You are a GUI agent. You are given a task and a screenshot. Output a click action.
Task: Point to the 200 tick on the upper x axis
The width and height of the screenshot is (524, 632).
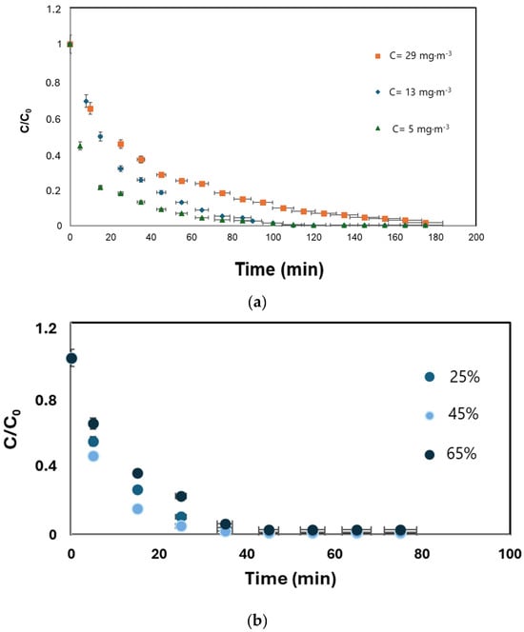pos(476,237)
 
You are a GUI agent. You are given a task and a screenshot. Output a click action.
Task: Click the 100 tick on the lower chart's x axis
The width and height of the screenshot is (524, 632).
pos(510,554)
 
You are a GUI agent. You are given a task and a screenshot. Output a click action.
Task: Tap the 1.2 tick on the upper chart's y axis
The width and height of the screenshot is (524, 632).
pos(54,9)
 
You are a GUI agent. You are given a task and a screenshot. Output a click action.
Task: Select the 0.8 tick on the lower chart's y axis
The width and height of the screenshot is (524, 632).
pos(46,401)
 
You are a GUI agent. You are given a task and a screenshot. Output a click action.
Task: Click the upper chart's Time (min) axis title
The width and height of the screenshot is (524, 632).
pos(279,269)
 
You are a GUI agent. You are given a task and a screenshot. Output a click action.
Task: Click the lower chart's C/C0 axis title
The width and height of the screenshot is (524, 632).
pos(12,428)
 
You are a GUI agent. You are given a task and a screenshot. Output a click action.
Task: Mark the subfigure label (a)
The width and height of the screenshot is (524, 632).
pos(258,303)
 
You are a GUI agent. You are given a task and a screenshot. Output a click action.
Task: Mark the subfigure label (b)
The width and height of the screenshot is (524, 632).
pos(257,620)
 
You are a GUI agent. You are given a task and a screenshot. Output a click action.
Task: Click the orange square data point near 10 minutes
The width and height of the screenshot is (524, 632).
pos(91,109)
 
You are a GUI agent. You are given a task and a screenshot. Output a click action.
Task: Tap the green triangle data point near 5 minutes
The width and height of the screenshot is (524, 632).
pos(80,147)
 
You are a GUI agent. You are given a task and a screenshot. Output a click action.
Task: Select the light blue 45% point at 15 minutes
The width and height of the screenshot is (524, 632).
pos(137,508)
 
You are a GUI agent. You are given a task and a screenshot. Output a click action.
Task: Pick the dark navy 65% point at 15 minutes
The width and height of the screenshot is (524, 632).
pos(137,473)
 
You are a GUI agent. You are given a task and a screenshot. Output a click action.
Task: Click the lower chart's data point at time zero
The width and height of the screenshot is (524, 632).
pos(71,358)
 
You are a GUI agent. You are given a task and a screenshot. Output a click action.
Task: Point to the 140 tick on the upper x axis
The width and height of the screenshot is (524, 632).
pos(354,237)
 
